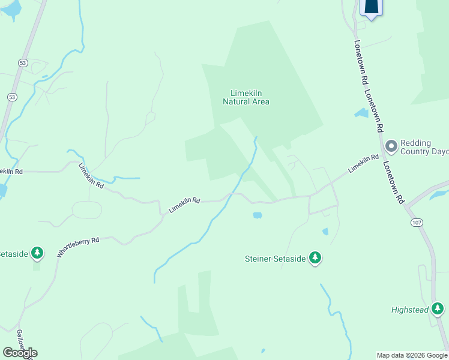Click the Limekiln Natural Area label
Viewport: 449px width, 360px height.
pos(246,97)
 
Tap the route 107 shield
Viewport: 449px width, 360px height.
pos(415,223)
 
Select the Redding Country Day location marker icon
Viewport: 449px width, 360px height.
pos(391,146)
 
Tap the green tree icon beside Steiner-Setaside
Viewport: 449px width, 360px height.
pos(315,259)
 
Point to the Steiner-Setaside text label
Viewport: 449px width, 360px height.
pos(276,259)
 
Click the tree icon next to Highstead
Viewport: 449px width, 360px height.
pos(438,310)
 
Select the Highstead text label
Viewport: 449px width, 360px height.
pos(410,310)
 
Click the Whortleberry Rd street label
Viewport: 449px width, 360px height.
pos(78,247)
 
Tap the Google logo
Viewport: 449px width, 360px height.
pos(20,353)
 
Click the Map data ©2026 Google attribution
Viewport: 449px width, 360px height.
pos(412,355)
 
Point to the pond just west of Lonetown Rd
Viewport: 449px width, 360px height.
pos(361,113)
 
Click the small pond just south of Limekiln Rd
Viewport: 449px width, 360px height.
pos(257,215)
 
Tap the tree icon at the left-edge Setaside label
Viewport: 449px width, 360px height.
pos(38,253)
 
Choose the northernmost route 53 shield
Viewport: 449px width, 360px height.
pos(23,62)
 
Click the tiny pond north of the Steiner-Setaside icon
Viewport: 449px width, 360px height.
pos(325,231)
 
